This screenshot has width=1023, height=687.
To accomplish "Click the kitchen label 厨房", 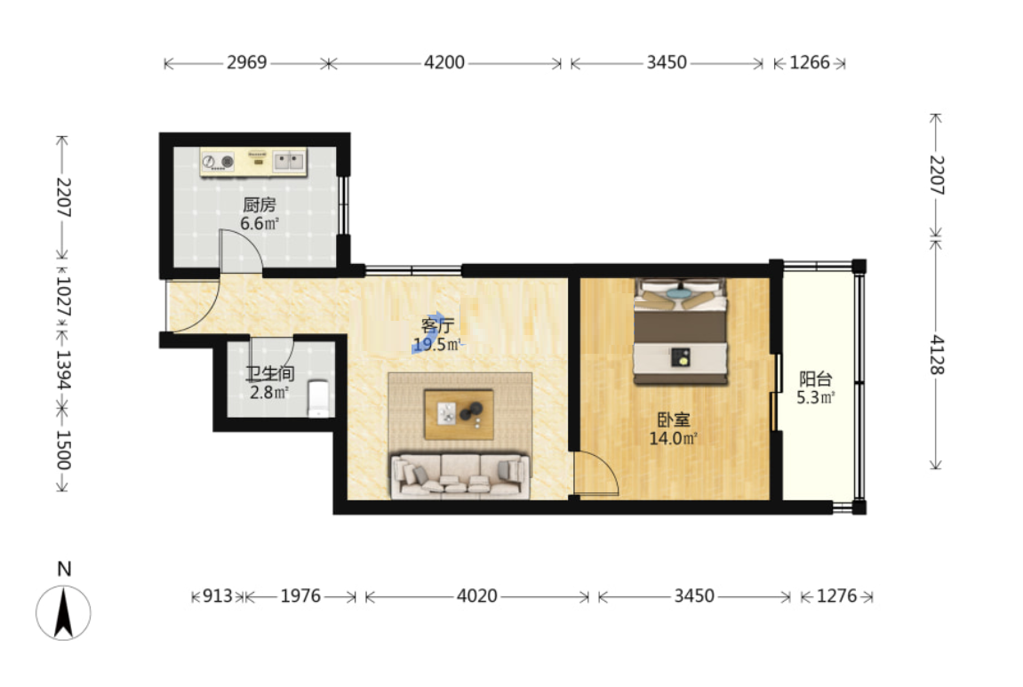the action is [259, 205].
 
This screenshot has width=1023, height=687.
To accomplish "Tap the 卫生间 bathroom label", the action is [269, 374].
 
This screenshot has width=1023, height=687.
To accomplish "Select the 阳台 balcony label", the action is [816, 379].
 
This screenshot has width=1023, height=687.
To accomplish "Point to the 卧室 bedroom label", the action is [674, 419].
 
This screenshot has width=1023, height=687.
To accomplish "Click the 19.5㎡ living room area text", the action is [437, 345].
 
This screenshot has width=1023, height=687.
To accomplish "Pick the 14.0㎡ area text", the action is [674, 438].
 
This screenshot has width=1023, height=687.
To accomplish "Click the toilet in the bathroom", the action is [319, 398].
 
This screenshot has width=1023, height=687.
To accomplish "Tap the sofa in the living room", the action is [460, 476].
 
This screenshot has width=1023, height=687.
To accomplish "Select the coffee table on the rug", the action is [459, 414].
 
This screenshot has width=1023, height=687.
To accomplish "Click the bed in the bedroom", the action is [681, 331].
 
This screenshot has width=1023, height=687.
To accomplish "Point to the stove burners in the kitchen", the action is [218, 161].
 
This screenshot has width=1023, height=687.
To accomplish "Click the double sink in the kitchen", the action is [289, 161].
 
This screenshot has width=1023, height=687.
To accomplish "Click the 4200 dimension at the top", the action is [444, 62].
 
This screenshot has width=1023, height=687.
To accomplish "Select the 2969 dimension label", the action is [246, 62].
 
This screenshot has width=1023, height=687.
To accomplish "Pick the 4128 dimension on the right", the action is [936, 355].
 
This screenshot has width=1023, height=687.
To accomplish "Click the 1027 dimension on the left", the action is [62, 297].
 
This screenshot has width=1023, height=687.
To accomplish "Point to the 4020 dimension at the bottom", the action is [477, 595].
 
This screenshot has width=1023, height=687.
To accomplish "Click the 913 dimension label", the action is [217, 595].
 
